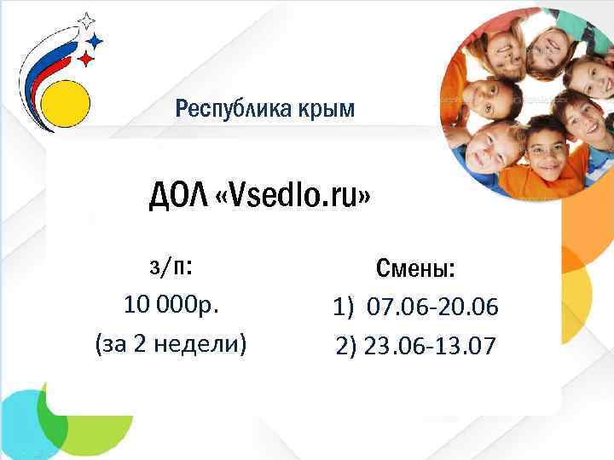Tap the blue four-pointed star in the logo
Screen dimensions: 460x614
coord(96,40)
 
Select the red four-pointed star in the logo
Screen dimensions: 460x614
coord(86,59)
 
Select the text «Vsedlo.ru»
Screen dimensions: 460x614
coord(294,198)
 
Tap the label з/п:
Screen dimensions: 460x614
coord(170,268)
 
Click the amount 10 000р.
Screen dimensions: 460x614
coord(170,305)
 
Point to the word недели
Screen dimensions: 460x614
coord(202,344)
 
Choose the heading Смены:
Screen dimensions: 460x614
coord(415,270)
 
